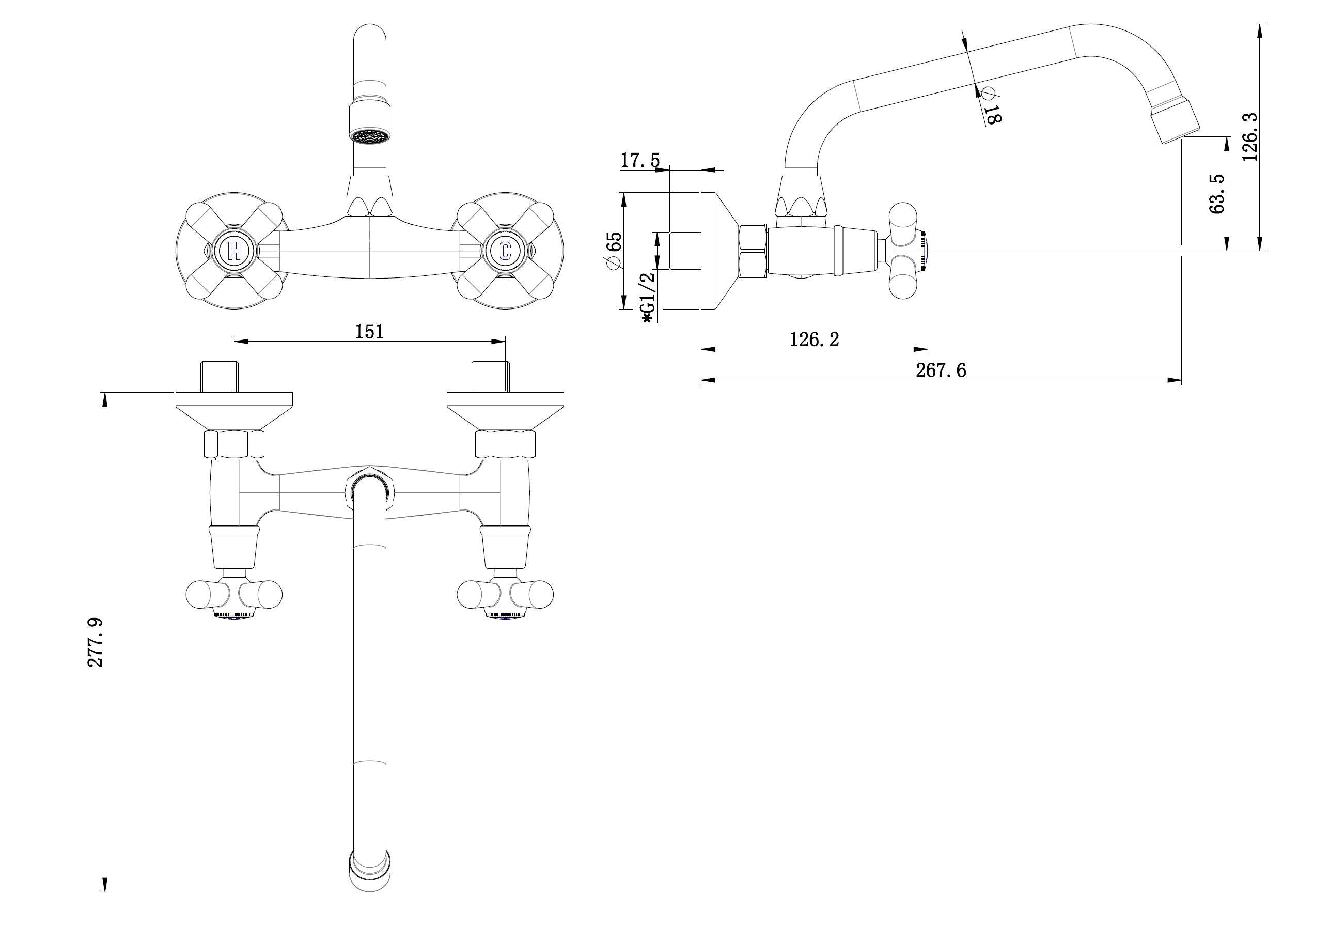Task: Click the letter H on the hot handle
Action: click(x=234, y=251)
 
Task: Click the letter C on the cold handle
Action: click(x=506, y=251)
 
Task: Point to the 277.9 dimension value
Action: click(x=95, y=642)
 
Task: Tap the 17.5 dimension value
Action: click(x=640, y=160)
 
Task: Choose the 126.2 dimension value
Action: click(x=814, y=339)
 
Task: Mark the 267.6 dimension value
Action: click(x=941, y=369)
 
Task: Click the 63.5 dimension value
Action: click(x=1217, y=193)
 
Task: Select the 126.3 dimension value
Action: click(x=1250, y=137)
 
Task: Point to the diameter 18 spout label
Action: click(x=990, y=105)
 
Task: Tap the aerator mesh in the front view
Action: click(x=369, y=137)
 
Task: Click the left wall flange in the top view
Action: click(x=234, y=411)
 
